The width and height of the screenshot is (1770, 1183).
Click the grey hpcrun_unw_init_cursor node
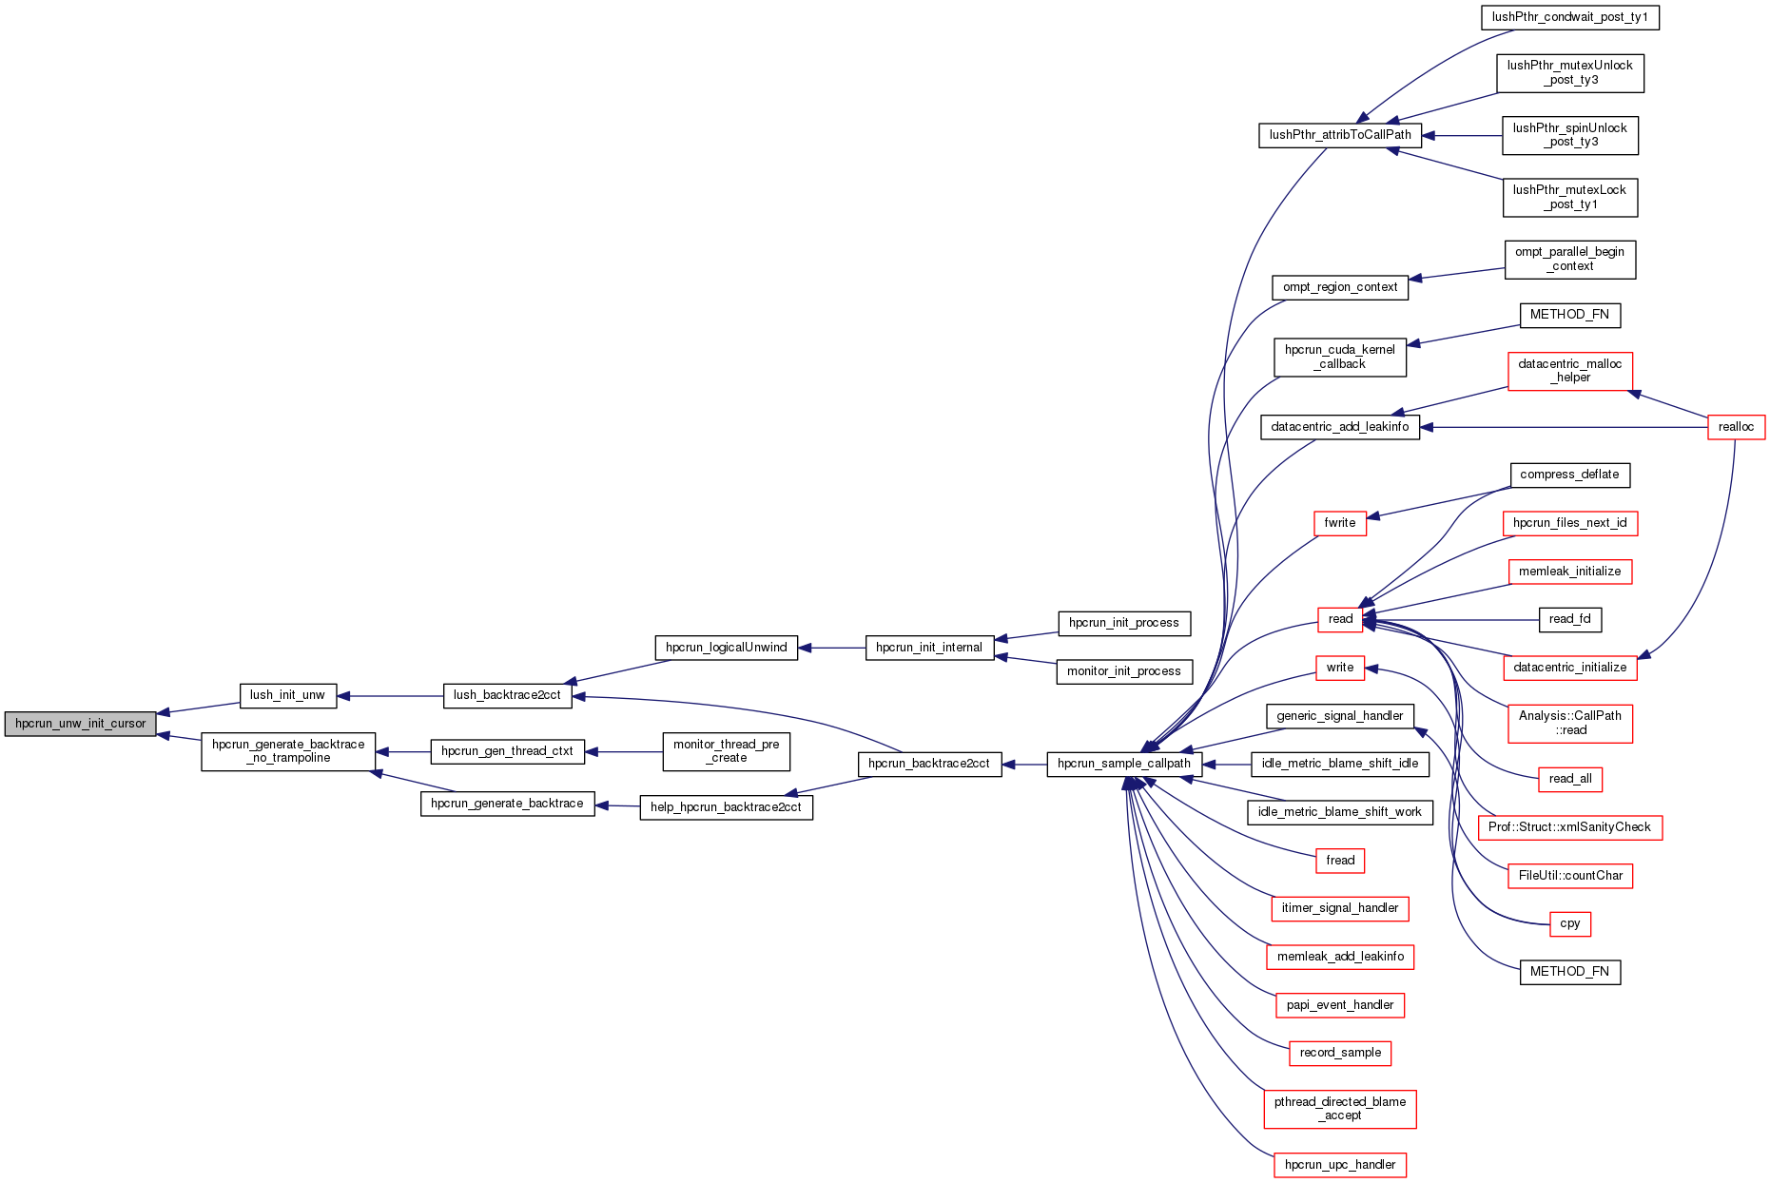(80, 724)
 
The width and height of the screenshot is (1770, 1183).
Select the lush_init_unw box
(287, 695)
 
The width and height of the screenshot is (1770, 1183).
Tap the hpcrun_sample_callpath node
(1123, 764)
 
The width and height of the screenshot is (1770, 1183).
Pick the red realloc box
(1736, 427)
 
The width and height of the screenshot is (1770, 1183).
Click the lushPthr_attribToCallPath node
(1339, 135)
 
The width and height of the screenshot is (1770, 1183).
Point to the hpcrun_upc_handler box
(1339, 1165)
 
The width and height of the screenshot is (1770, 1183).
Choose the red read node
(1339, 619)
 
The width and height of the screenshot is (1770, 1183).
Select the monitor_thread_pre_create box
(726, 751)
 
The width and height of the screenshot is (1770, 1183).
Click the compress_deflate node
(1569, 475)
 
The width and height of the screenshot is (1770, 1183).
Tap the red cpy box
(1569, 923)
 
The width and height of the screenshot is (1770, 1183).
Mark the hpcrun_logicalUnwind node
(726, 648)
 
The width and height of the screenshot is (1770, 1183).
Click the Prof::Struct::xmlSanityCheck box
(1569, 827)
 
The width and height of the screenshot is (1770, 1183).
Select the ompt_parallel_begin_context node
(1569, 259)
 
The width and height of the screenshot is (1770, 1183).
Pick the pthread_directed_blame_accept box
(1339, 1109)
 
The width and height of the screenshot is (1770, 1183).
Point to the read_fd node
(1569, 619)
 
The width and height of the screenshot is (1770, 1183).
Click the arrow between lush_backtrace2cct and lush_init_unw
(390, 696)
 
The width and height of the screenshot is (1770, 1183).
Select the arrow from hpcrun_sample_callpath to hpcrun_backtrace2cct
(1024, 764)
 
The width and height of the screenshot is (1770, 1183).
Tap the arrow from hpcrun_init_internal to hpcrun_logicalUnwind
(831, 648)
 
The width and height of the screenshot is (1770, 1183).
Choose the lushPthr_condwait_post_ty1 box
(1569, 17)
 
